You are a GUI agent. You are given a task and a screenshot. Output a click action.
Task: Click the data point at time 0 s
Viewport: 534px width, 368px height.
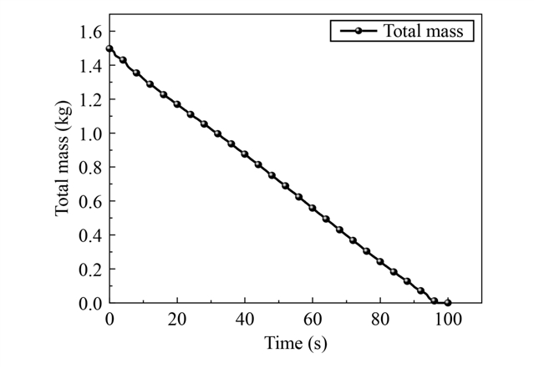coord(109,48)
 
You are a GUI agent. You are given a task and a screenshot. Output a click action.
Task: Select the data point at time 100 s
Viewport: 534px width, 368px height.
coord(447,302)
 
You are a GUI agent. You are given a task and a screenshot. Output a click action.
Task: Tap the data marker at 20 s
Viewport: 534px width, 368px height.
coord(177,104)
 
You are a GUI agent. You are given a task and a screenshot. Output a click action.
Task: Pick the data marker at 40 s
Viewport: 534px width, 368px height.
coord(245,154)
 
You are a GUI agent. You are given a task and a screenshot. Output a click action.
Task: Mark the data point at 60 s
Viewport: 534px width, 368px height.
coord(313,208)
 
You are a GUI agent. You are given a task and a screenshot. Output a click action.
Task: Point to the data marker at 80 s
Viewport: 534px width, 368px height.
coord(380,261)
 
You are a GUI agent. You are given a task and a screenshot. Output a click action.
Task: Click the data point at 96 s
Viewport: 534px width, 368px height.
coord(435,300)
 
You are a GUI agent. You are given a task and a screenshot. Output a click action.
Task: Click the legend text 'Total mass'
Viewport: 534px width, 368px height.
coord(424,31)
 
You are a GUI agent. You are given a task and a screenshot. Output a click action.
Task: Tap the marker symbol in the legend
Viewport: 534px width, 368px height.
coord(359,31)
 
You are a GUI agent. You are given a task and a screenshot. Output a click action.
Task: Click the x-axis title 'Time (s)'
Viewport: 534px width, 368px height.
coord(296,343)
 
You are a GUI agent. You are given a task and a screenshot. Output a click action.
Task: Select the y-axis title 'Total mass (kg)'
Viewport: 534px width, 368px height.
coord(63,159)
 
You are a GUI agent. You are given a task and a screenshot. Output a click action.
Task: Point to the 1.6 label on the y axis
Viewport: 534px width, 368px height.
coord(90,32)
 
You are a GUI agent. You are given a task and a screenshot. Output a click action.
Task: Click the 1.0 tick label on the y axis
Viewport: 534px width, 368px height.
coord(90,134)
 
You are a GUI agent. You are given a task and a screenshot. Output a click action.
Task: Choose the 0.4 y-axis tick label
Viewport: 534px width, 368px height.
coord(90,235)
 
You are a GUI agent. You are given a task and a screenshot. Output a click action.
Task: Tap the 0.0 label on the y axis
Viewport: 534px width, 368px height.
coord(90,303)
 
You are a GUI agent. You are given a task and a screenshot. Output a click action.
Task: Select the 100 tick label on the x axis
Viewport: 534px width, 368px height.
coord(447,320)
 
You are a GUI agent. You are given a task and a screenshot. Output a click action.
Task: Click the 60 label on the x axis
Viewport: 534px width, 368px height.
coord(313,320)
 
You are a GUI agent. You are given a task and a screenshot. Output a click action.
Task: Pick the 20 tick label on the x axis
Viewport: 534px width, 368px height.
coord(177,320)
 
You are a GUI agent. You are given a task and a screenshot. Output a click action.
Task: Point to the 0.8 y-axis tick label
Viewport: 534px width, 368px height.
coord(90,168)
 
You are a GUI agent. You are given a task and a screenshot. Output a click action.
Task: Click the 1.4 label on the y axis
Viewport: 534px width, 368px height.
coord(90,66)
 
